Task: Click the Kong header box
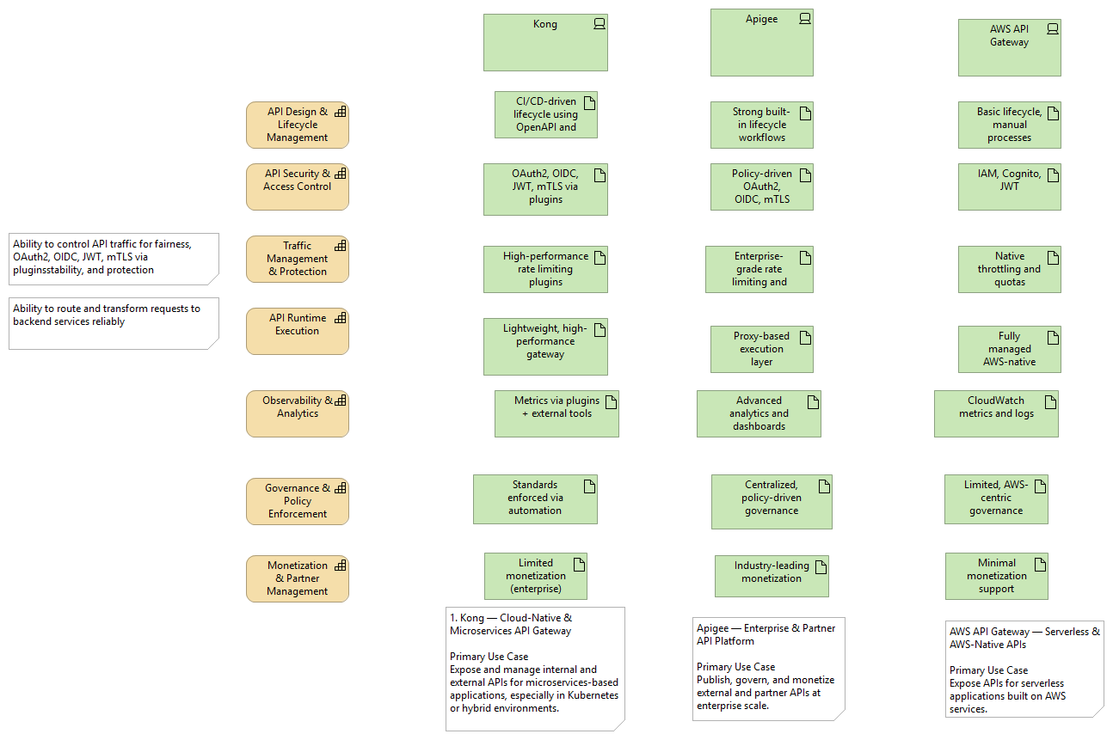coord(545,42)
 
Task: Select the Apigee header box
coord(761,43)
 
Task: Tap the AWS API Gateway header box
coord(1009,48)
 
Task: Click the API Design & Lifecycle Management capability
coord(297,125)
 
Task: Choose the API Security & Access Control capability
coord(297,187)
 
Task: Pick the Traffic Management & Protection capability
coord(297,259)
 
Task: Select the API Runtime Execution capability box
coord(297,331)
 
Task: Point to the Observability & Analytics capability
coord(297,413)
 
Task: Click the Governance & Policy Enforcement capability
coord(297,501)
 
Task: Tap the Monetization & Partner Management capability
coord(297,578)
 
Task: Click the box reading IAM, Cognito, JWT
coord(1009,187)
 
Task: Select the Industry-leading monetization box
coord(771,576)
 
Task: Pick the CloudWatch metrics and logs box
coord(996,413)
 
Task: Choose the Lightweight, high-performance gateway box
coord(545,346)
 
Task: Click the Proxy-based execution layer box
coord(761,349)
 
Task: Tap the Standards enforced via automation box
coord(534,498)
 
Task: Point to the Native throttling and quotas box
coord(1009,269)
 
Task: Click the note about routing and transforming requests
coord(114,323)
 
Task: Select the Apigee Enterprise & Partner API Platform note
coord(768,669)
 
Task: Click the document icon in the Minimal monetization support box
coord(1040,565)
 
